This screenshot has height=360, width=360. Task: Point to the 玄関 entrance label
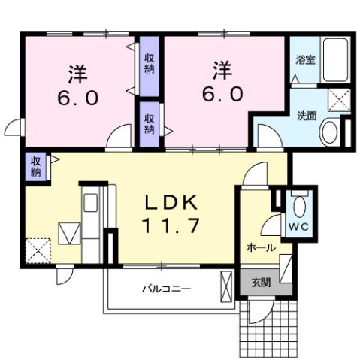pos(260,283)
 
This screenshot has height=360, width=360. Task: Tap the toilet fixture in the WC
pos(299,204)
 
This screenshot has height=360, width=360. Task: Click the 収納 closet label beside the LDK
pos(35,166)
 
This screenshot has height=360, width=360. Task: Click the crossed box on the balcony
pos(227,287)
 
